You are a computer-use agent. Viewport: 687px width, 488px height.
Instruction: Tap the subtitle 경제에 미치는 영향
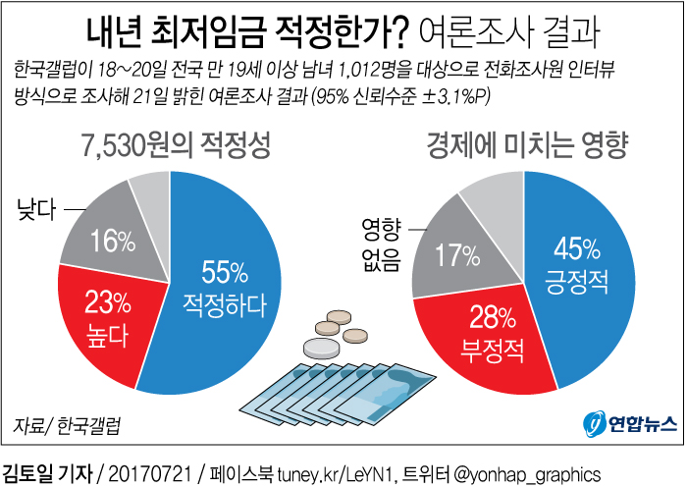point(528,148)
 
